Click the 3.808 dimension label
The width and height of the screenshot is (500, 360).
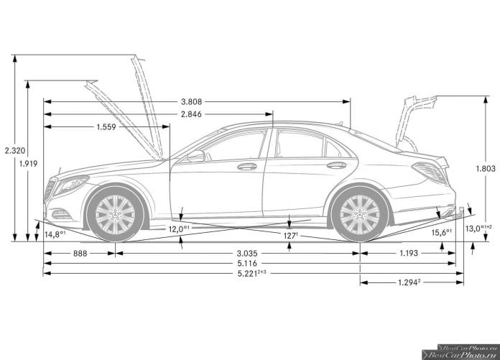[x=191, y=102]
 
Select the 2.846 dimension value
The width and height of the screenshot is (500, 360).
[x=191, y=114]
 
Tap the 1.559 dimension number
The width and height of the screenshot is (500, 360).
[x=106, y=127]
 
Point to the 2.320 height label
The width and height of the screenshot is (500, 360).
[x=15, y=151]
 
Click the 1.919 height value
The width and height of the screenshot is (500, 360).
[x=28, y=164]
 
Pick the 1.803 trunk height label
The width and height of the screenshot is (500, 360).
[x=486, y=168]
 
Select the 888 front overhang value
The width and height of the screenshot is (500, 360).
[x=80, y=253]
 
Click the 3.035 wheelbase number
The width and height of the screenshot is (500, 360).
[x=247, y=254]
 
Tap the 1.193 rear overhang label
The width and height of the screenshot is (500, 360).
[x=409, y=253]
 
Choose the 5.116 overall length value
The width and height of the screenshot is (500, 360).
[x=247, y=264]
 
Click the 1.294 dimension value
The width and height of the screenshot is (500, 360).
[x=409, y=282]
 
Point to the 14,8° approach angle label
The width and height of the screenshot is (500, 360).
[x=55, y=234]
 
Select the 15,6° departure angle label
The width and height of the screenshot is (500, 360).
[x=442, y=232]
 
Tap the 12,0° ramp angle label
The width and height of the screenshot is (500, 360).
[x=179, y=229]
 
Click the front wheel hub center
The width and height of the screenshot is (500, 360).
[x=115, y=214]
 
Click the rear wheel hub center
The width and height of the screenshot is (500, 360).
[x=360, y=214]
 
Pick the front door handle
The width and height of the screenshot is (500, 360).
[x=247, y=167]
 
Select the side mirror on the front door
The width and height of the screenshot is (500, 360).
[x=196, y=156]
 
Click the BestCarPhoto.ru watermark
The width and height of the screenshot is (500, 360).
[x=460, y=352]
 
